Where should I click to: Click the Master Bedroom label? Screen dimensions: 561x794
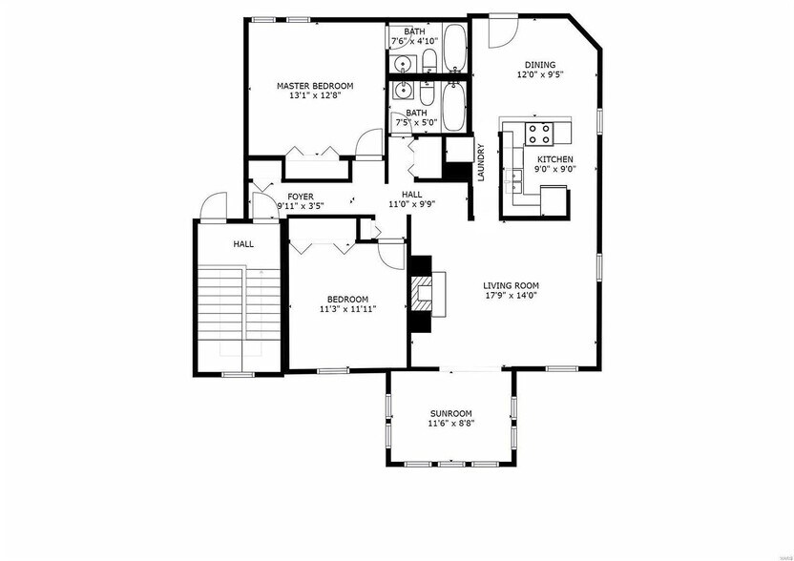[x=315, y=86]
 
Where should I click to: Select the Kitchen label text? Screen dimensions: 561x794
[x=554, y=158]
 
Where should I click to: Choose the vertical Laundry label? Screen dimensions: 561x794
[x=482, y=162]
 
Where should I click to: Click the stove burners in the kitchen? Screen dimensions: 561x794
[x=540, y=132]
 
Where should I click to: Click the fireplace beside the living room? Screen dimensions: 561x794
[x=427, y=293]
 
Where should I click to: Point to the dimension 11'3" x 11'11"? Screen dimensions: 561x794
[x=347, y=308]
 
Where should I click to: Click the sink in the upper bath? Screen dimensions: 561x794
[x=405, y=64]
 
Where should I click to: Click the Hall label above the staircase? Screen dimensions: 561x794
[x=243, y=245]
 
